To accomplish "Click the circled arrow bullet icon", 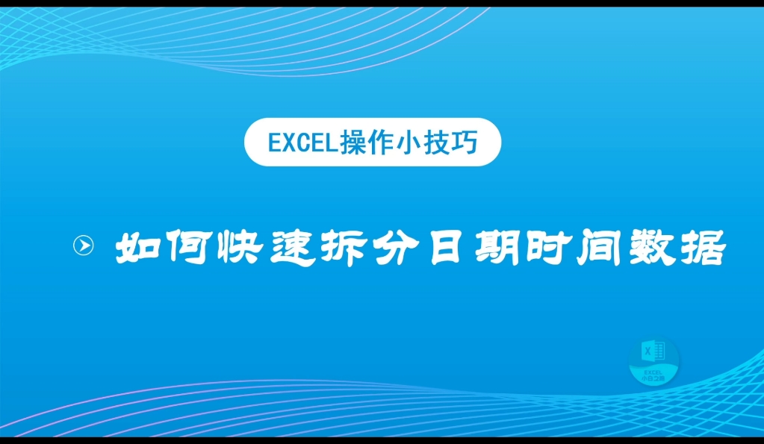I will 84,246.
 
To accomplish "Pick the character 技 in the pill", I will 445,142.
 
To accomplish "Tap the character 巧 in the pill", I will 476,142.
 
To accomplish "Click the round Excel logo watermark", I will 653,362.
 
